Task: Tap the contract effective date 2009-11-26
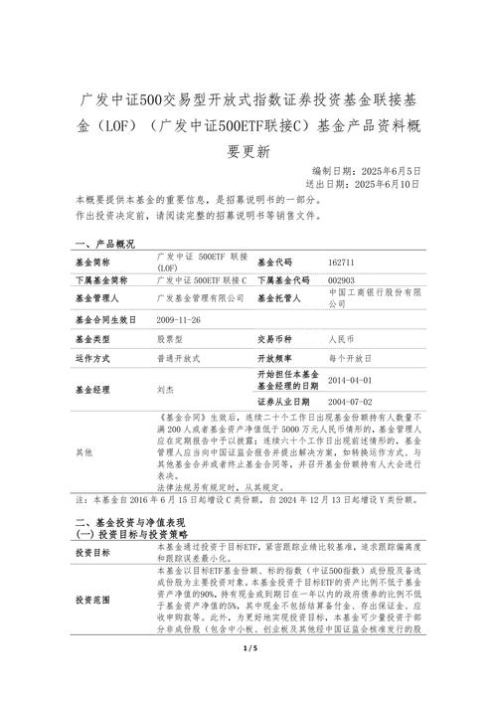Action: coord(179,320)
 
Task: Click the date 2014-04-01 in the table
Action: coord(349,380)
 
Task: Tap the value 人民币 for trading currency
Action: coord(341,339)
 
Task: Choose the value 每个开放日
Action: coord(348,357)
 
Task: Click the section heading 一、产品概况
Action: coord(104,244)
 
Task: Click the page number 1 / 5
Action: coord(248,677)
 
